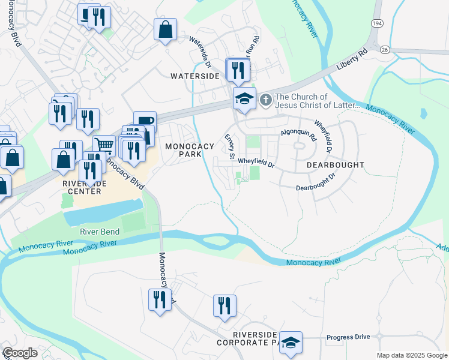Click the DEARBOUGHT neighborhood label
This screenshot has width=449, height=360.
[336, 164]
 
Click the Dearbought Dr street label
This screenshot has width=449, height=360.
[315, 184]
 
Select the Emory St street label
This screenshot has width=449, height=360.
[229, 146]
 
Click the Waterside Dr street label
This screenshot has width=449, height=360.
[201, 52]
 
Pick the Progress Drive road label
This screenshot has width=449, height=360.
[348, 337]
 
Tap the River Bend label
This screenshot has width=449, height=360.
[100, 232]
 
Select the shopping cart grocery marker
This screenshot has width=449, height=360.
[104, 145]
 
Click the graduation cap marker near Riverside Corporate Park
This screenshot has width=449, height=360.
[291, 343]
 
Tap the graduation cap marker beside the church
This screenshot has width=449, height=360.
[244, 98]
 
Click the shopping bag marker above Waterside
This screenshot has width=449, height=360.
[165, 29]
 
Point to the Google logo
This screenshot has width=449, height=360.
[20, 353]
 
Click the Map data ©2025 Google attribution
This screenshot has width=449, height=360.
[412, 355]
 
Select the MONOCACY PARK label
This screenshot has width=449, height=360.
[190, 150]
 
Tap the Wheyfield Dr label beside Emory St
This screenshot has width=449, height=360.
[256, 162]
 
